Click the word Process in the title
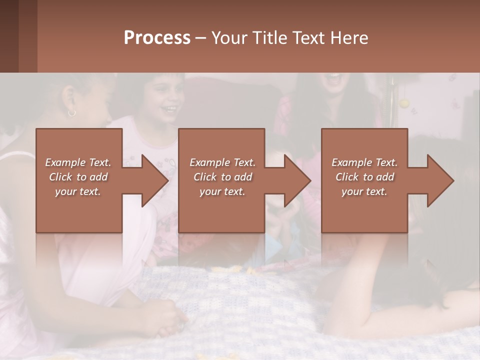point(157,38)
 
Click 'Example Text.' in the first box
point(78,162)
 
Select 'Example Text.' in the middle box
point(222,162)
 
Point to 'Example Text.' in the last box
point(364,162)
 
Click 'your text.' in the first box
point(78,191)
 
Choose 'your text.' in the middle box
point(222,191)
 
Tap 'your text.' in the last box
point(364,191)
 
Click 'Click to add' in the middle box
point(222,177)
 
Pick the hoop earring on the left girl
point(72,113)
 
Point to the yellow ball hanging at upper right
point(404,103)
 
